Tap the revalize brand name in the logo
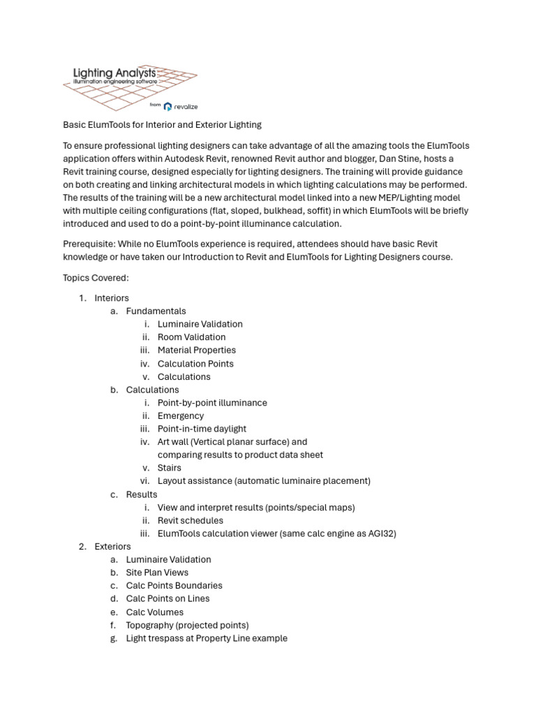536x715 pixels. pyautogui.click(x=186, y=106)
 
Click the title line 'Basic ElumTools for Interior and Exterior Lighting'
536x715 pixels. pyautogui.click(x=162, y=125)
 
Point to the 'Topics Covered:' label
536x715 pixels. pyautogui.click(x=96, y=277)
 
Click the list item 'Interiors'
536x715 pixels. pyautogui.click(x=112, y=298)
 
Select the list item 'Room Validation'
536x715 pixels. pyautogui.click(x=191, y=337)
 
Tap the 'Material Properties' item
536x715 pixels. pyautogui.click(x=196, y=350)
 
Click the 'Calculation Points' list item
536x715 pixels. pyautogui.click(x=195, y=364)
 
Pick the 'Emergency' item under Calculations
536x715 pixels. pyautogui.click(x=181, y=415)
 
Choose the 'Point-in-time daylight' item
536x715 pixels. pyautogui.click(x=202, y=429)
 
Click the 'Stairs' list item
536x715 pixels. pyautogui.click(x=169, y=468)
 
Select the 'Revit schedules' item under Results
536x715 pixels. pyautogui.click(x=191, y=520)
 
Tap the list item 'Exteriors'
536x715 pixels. pyautogui.click(x=112, y=546)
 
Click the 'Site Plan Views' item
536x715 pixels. pyautogui.click(x=157, y=573)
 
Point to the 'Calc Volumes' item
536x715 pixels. pyautogui.click(x=155, y=612)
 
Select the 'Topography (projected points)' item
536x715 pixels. pyautogui.click(x=187, y=625)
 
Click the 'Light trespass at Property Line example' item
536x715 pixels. pyautogui.click(x=207, y=638)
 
